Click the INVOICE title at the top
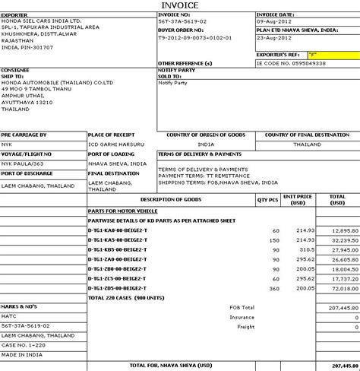pyautogui.click(x=180, y=6)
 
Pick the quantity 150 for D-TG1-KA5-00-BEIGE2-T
pyautogui.click(x=274, y=239)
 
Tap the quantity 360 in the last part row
pyautogui.click(x=274, y=288)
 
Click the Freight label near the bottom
pyautogui.click(x=267, y=327)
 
